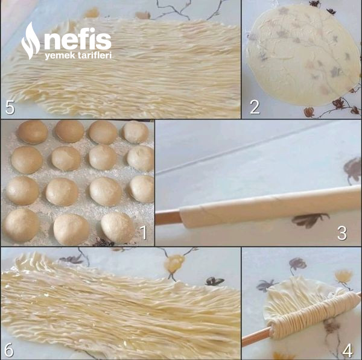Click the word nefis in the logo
pos(78,39)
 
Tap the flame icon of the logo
pos(31,41)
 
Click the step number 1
pos(144,232)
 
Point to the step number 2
pos(255,107)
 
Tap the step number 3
pos(342,233)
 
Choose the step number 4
pos(348,351)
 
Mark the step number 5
pos(10,107)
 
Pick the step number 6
pos(9,350)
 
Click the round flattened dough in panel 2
pos(302,55)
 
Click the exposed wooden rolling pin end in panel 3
pos(168,216)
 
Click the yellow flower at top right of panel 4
pos(343,276)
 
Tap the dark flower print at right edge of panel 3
pos(352,169)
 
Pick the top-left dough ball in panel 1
pos(33,132)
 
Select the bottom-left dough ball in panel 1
pos(21,226)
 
